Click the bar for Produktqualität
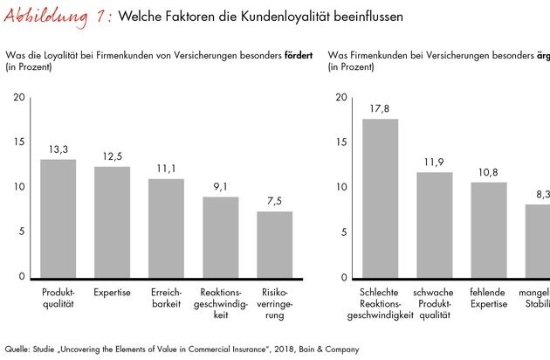58,218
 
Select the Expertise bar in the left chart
112,222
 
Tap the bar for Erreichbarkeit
166,228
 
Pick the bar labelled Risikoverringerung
274,244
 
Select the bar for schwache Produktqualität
434,225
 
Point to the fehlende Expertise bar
489,229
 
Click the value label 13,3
58,150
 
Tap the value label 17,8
380,109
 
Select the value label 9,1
220,187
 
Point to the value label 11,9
434,163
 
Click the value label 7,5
274,201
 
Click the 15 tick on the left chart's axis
20,142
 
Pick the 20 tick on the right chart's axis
342,96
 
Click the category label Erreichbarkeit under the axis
166,297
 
